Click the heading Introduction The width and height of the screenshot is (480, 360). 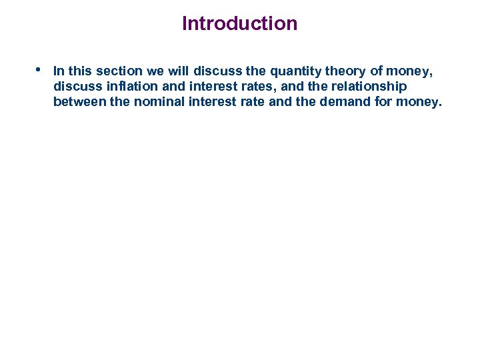click(239, 24)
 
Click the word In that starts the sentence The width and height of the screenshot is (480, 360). click(59, 71)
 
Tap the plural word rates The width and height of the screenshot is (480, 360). click(233, 87)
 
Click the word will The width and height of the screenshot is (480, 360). click(181, 71)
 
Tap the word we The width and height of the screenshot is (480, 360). click(157, 71)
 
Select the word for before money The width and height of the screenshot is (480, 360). click(393, 102)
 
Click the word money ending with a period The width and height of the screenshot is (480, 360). click(425, 102)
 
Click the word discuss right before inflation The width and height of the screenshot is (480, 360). click(76, 87)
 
